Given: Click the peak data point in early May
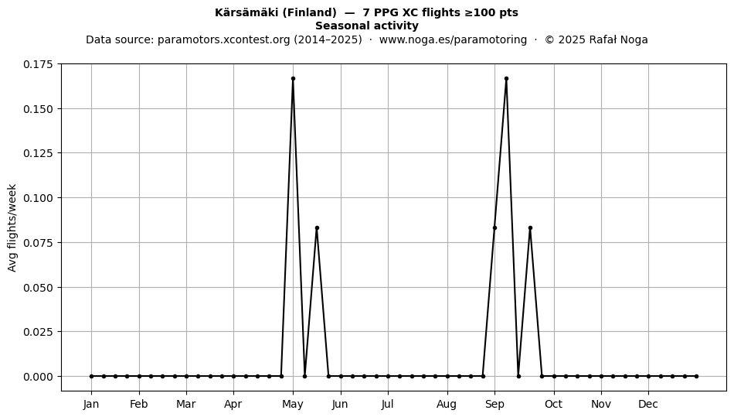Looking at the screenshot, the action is click(293, 79).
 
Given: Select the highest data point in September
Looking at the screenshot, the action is click(507, 79).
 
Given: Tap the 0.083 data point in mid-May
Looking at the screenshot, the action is click(317, 227).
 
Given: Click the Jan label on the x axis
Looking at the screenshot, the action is click(91, 404).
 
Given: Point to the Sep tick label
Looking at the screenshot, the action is click(494, 404).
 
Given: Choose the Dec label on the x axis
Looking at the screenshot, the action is click(648, 404).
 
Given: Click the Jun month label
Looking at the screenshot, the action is click(340, 404).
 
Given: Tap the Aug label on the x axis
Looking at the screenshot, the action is click(447, 404).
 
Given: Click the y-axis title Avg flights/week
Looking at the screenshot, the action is click(12, 227).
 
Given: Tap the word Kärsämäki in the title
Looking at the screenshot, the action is click(247, 12).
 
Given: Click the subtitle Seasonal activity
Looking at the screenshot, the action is click(367, 26).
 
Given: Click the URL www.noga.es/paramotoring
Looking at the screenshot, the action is click(453, 39).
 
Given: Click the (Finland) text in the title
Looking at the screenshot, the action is click(309, 12).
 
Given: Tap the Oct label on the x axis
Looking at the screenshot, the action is click(554, 404).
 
